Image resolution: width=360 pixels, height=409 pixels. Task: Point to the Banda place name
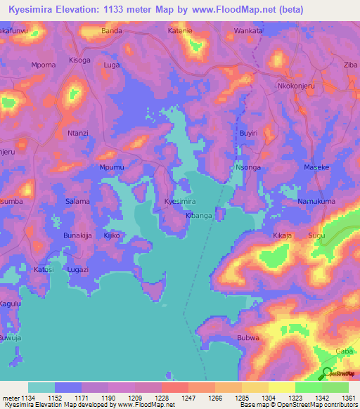point(112,31)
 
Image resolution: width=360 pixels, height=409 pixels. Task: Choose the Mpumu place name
point(112,167)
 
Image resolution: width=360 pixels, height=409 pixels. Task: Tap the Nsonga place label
point(248,167)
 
